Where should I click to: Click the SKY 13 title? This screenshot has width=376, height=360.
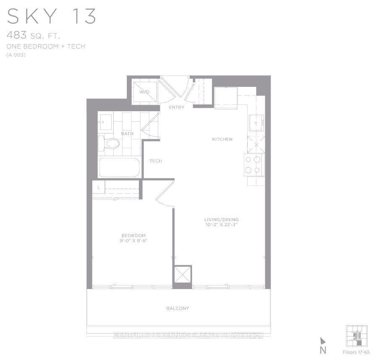(x=52, y=16)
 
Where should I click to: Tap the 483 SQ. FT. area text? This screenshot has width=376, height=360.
(x=34, y=36)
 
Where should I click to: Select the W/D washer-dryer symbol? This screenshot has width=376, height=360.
(x=144, y=92)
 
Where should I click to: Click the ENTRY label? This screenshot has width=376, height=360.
(x=177, y=107)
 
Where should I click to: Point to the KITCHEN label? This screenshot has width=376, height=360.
(x=222, y=139)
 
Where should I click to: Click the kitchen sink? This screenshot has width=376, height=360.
(x=256, y=123)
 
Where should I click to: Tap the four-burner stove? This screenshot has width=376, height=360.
(x=254, y=164)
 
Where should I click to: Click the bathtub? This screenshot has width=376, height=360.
(x=119, y=167)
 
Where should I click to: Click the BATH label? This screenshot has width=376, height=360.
(x=127, y=134)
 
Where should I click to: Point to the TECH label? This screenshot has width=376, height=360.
(x=156, y=161)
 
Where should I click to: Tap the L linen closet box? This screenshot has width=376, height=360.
(x=99, y=188)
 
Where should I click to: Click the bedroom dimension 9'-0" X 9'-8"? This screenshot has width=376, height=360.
(x=134, y=241)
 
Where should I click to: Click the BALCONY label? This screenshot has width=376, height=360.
(x=178, y=308)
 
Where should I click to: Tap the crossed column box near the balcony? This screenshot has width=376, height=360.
(x=183, y=275)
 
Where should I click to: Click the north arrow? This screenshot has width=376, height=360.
(x=323, y=341)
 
